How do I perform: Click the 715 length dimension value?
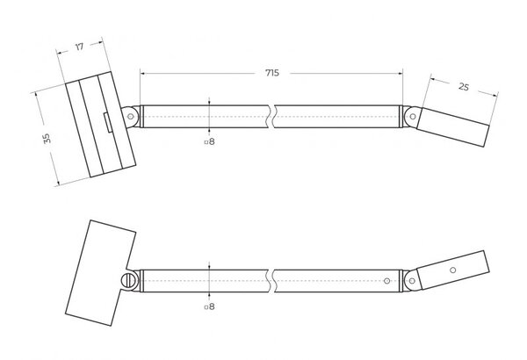click(x=272, y=73)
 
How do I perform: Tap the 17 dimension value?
click(x=79, y=47)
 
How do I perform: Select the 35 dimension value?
click(x=47, y=138)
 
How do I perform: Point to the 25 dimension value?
click(x=464, y=87)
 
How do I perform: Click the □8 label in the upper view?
click(x=209, y=141)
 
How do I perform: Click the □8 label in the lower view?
click(x=209, y=306)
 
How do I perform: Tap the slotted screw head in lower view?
click(x=129, y=280)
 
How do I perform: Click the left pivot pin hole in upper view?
click(x=130, y=117)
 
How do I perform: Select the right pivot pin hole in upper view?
click(x=413, y=117)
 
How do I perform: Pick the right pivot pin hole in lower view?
click(x=412, y=281)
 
